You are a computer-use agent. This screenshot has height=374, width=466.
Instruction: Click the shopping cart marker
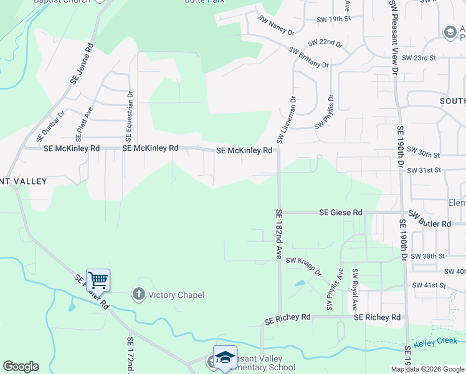(x=98, y=279)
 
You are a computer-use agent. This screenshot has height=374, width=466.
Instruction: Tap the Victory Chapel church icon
(x=138, y=294)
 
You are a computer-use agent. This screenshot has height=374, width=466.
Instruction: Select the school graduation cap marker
(x=225, y=357)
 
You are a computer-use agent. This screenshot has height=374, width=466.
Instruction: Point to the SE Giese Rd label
(x=340, y=213)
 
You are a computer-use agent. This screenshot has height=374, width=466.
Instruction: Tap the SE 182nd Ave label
(x=278, y=234)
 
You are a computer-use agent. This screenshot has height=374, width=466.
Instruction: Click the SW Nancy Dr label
(x=275, y=27)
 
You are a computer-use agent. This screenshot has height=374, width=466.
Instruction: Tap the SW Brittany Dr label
(x=308, y=57)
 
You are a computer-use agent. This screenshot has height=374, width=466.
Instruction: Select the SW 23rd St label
(x=418, y=57)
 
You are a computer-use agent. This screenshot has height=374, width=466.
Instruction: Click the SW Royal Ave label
(x=354, y=289)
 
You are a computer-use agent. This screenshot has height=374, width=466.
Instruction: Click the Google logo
(x=21, y=367)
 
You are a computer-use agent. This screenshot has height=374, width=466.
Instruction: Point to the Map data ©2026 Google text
(x=427, y=369)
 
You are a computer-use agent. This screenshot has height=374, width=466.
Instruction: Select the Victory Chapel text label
(x=176, y=295)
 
